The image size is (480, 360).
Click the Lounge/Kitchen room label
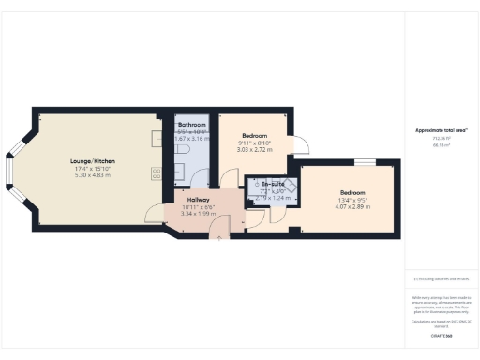(93, 162)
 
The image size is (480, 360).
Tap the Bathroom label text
(192, 125)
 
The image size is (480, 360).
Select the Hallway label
(198, 200)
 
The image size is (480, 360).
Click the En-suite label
(274, 185)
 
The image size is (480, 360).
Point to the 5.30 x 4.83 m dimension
(93, 175)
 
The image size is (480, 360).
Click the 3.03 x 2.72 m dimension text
(255, 149)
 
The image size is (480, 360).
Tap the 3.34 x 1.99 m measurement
(198, 214)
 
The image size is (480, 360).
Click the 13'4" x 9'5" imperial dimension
(353, 197)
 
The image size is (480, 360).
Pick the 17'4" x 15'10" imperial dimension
(93, 169)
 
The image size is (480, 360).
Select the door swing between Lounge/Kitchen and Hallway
(153, 214)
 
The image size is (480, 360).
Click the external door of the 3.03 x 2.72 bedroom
(302, 145)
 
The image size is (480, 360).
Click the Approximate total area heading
(441, 129)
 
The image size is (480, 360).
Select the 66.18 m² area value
(441, 145)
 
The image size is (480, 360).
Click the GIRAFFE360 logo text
(441, 335)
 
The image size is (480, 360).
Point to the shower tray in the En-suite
(290, 189)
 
